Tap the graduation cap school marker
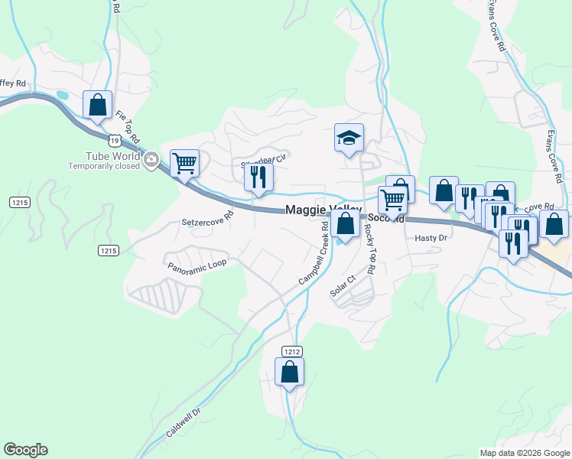point(349,138)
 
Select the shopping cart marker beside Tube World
point(184,162)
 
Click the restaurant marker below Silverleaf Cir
point(258,177)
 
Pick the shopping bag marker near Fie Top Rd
point(98,105)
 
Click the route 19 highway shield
point(114,141)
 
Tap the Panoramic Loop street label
point(197,264)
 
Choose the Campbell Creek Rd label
point(314,254)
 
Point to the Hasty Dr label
point(430,238)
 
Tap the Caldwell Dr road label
point(183,422)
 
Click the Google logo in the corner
point(25,450)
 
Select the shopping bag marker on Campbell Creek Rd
point(346,224)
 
